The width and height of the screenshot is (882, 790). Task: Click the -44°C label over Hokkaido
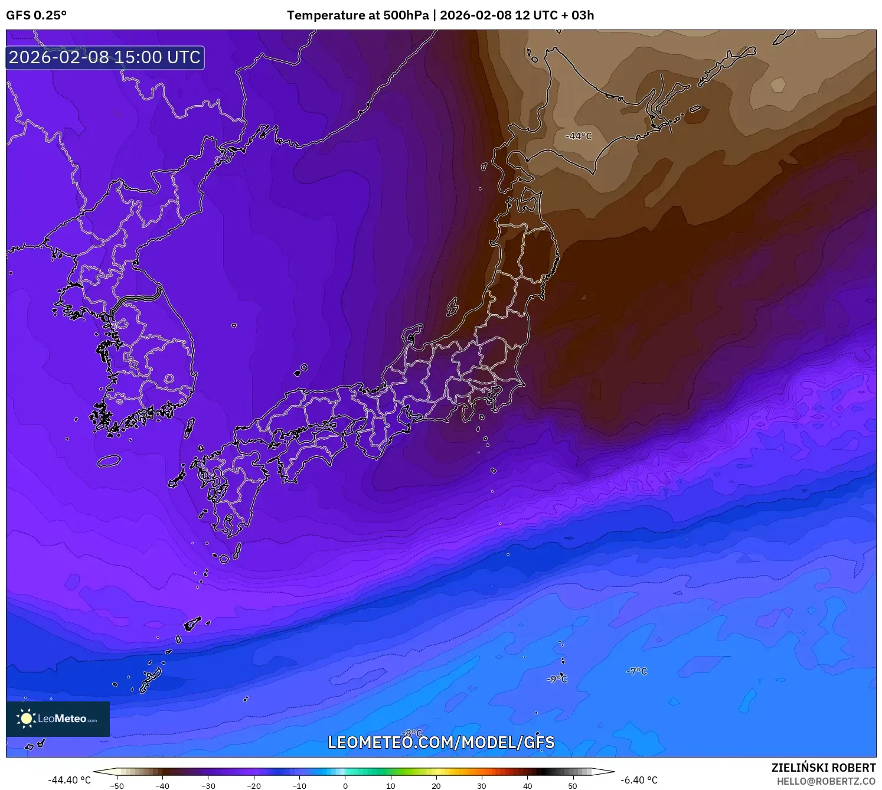coord(579,136)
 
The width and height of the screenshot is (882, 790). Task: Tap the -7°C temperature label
coord(636,671)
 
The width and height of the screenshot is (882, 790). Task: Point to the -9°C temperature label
coord(557,680)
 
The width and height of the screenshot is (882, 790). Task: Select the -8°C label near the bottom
coord(412,733)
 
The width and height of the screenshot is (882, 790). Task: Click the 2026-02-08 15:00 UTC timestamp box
coord(105,57)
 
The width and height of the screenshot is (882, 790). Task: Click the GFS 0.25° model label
coord(37,15)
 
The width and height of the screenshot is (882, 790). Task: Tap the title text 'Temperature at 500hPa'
coord(358,15)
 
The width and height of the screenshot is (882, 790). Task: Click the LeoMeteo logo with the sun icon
coord(58,719)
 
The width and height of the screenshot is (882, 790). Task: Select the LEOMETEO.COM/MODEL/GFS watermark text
coord(441,742)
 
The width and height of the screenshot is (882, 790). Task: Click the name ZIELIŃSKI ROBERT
coord(824,768)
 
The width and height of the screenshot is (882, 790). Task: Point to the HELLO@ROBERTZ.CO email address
coord(826,781)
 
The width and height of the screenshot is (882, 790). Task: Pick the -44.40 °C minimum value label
coord(70,780)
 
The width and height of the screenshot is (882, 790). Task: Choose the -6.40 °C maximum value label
coord(639,780)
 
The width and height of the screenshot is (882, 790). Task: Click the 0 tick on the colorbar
coord(345,786)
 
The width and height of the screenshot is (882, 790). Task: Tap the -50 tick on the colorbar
coord(117,786)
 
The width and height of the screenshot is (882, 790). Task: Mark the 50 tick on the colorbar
coord(573,786)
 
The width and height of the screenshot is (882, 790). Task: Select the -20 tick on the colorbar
coord(253,786)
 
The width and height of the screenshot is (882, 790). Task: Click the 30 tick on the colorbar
coord(482,786)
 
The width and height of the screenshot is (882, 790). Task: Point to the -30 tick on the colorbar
coord(208,786)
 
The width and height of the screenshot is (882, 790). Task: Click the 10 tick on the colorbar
coord(391,786)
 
